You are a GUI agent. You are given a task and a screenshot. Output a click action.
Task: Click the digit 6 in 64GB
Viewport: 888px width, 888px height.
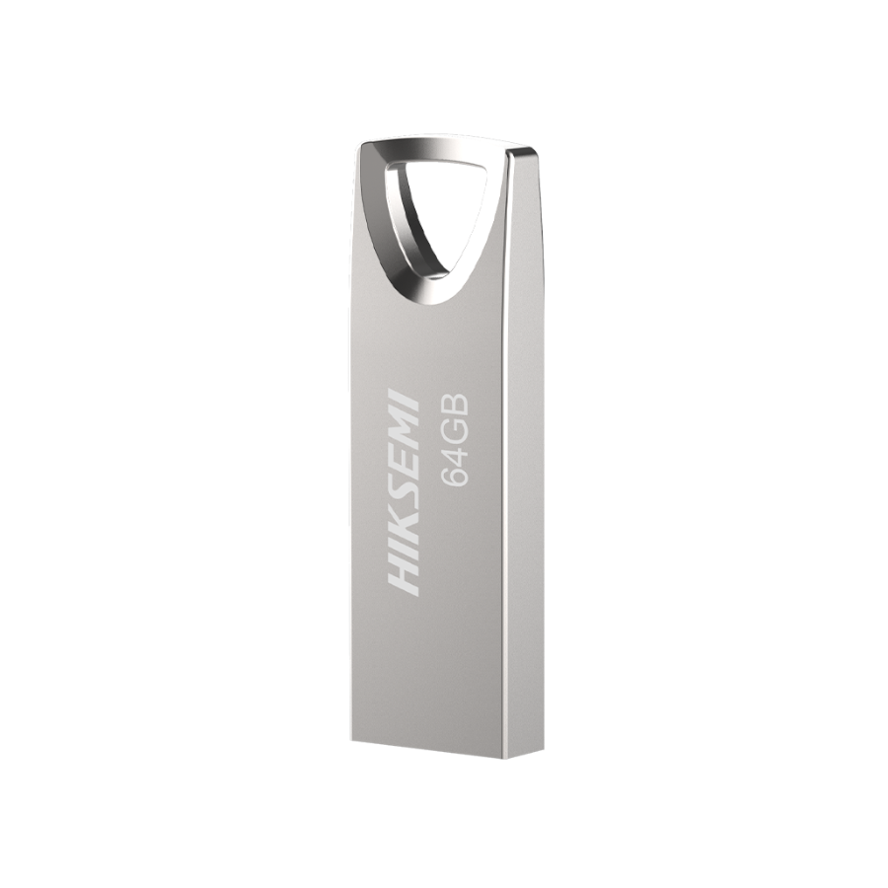click(x=457, y=474)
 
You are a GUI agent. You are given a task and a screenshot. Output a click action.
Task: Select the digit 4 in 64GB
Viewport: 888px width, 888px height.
click(x=457, y=451)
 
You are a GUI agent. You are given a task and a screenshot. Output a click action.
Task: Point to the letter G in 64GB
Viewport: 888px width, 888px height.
click(x=457, y=426)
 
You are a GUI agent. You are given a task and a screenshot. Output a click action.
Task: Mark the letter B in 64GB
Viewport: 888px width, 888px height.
click(x=457, y=403)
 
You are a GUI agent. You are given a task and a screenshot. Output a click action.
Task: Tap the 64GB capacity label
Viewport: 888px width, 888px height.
click(x=457, y=438)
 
